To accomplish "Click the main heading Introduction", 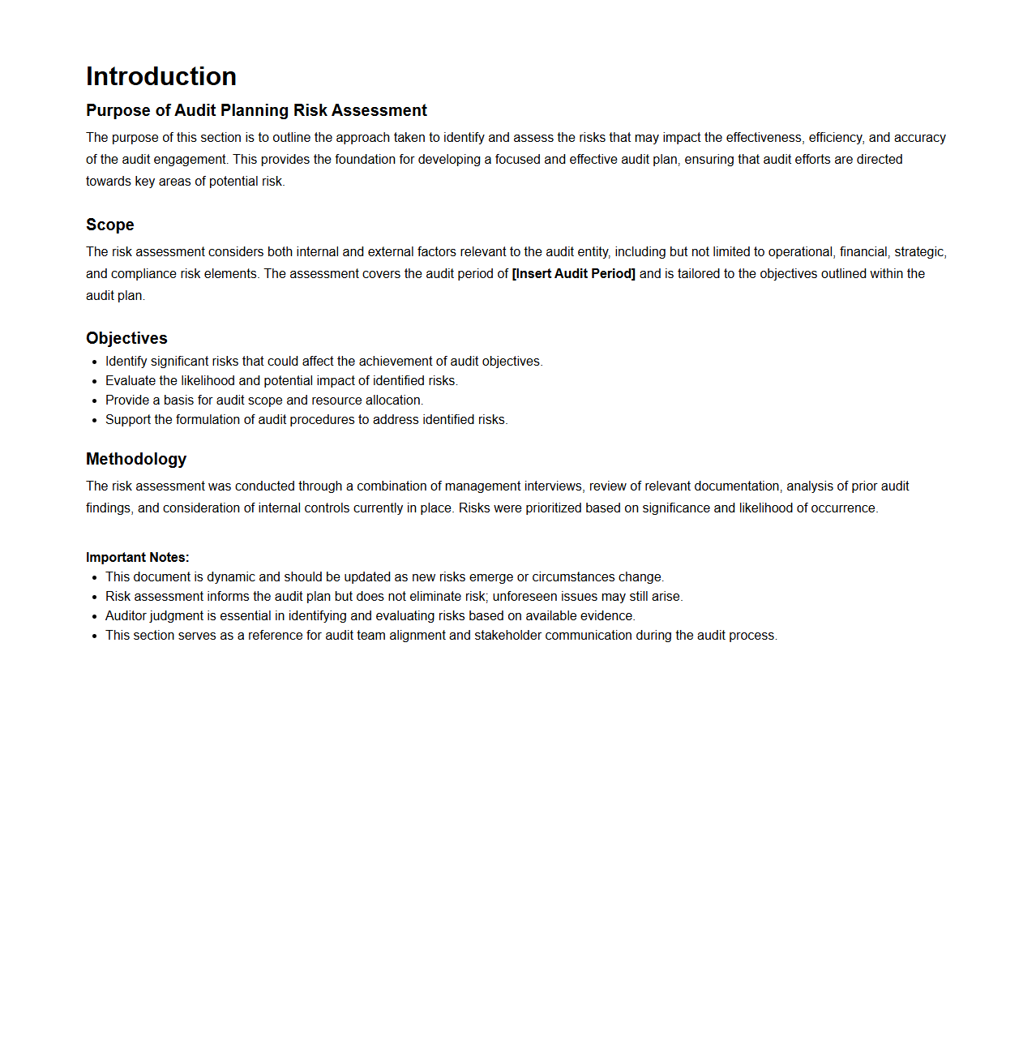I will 161,76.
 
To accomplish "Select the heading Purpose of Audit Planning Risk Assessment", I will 256,110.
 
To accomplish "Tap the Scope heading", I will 110,225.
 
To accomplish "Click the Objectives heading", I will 126,338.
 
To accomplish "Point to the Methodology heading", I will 136,459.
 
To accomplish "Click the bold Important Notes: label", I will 138,558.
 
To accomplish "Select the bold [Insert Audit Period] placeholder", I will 573,274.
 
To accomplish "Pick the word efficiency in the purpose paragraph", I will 835,138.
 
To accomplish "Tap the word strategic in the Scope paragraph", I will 919,252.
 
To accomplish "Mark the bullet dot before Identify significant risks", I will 95,362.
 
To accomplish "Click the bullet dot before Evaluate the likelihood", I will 95,382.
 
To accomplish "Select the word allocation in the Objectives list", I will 393,401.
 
